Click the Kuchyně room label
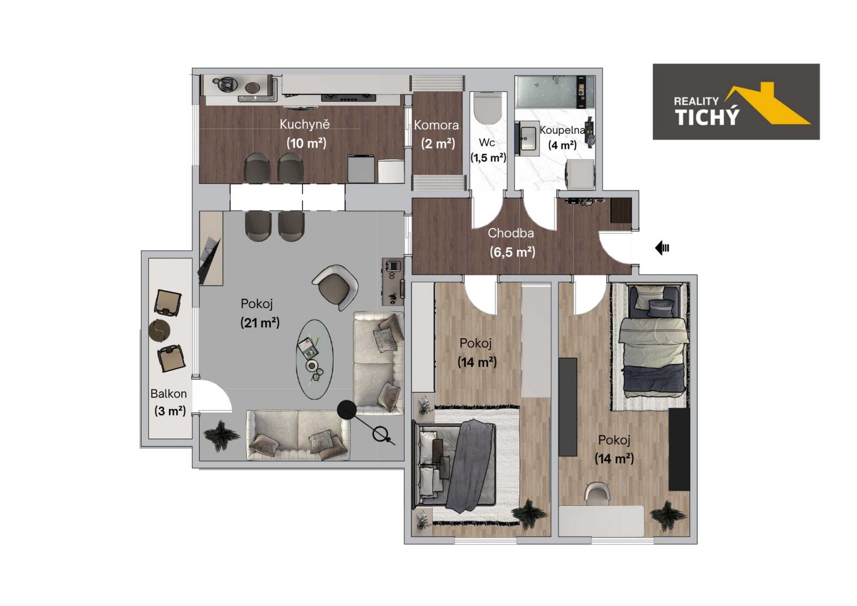[x=305, y=124]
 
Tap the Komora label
[x=436, y=125]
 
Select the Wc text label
[x=487, y=142]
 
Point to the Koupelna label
[x=563, y=130]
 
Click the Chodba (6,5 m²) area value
[x=513, y=252]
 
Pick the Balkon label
[x=168, y=393]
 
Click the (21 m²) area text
[x=260, y=323]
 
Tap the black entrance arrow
[x=662, y=248]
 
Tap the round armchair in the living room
[x=335, y=286]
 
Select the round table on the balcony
[x=159, y=330]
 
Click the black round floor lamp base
[x=347, y=410]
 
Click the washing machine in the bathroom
[x=580, y=174]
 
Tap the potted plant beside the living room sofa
[x=222, y=436]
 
